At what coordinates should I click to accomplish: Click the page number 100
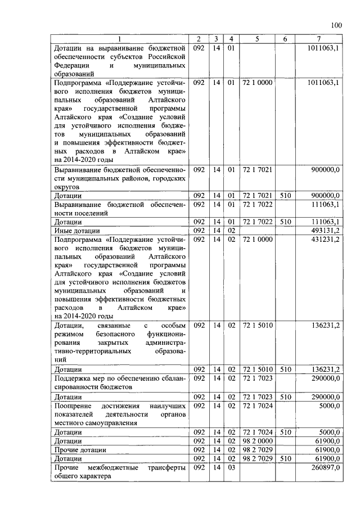pyautogui.click(x=336, y=25)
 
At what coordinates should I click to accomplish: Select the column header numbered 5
pyautogui.click(x=256, y=39)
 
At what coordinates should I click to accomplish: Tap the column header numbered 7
pyautogui.click(x=319, y=39)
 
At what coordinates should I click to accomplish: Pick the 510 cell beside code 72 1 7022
pyautogui.click(x=285, y=222)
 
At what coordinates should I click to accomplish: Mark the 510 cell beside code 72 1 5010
pyautogui.click(x=285, y=369)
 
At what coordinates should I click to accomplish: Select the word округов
pyautogui.click(x=67, y=186)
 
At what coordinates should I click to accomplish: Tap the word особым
pyautogui.click(x=173, y=325)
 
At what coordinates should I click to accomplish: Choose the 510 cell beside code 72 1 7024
pyautogui.click(x=285, y=431)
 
